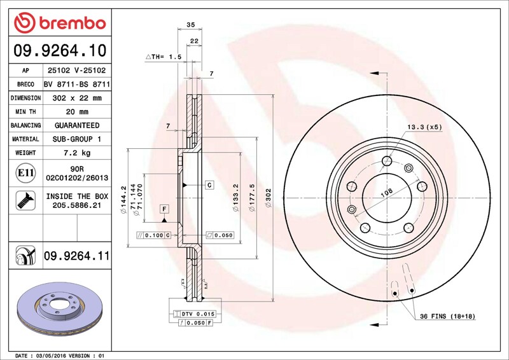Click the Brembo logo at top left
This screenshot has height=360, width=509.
[x=60, y=23]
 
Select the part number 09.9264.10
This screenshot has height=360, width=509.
[x=60, y=51]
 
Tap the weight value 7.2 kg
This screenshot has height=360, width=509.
[x=77, y=153]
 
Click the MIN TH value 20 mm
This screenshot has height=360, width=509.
[x=77, y=112]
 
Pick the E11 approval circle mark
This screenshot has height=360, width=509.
[x=25, y=173]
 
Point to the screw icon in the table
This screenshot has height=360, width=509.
[x=25, y=200]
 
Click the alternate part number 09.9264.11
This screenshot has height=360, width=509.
[x=77, y=256]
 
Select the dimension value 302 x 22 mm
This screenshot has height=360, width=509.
[x=77, y=98]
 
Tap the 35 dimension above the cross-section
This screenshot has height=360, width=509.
[x=190, y=25]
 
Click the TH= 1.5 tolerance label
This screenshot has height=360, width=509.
[x=164, y=57]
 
